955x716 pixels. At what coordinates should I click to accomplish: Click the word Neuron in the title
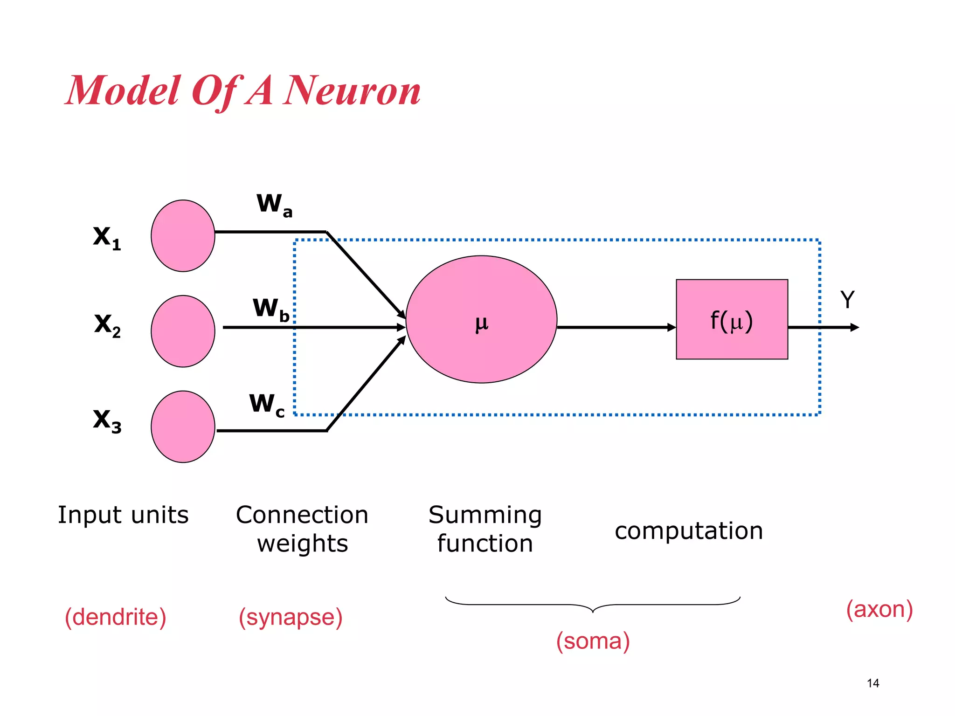tap(352, 91)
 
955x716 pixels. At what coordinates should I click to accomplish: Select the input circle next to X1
tap(183, 236)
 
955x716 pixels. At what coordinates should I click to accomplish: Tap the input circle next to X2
tap(183, 331)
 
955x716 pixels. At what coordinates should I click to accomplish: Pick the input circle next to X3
tap(183, 427)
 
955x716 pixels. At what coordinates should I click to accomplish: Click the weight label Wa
tap(274, 205)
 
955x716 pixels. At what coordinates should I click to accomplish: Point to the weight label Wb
tap(271, 310)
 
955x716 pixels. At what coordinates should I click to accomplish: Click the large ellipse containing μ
tap(481, 319)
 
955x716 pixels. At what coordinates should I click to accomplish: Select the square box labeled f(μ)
tap(732, 319)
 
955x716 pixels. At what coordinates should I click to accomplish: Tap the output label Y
tap(847, 300)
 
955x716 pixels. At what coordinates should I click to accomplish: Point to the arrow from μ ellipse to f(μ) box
tap(616, 327)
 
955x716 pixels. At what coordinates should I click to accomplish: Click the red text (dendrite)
tap(115, 617)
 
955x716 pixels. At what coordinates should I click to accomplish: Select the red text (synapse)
tap(291, 617)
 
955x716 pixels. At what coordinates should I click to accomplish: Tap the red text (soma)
tap(593, 641)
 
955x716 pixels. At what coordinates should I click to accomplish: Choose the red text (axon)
tap(879, 609)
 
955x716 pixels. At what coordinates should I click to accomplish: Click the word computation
tap(689, 531)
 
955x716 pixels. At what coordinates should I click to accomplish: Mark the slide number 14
tap(873, 683)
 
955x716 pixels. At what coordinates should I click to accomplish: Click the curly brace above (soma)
tap(593, 605)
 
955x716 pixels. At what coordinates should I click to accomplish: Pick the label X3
tap(107, 420)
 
